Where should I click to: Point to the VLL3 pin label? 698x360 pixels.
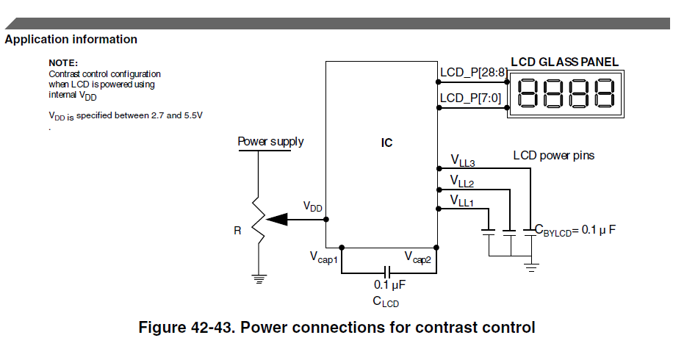462,161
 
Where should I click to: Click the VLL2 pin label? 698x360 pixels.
462,181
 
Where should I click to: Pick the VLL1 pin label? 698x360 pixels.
462,201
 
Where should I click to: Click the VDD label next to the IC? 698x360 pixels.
313,208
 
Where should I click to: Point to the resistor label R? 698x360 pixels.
237,231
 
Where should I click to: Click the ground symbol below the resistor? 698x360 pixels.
259,278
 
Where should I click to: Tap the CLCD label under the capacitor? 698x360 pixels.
386,302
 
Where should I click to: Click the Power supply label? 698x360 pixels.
270,141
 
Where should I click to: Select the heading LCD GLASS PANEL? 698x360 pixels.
564,62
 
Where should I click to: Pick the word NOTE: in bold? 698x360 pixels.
63,63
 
